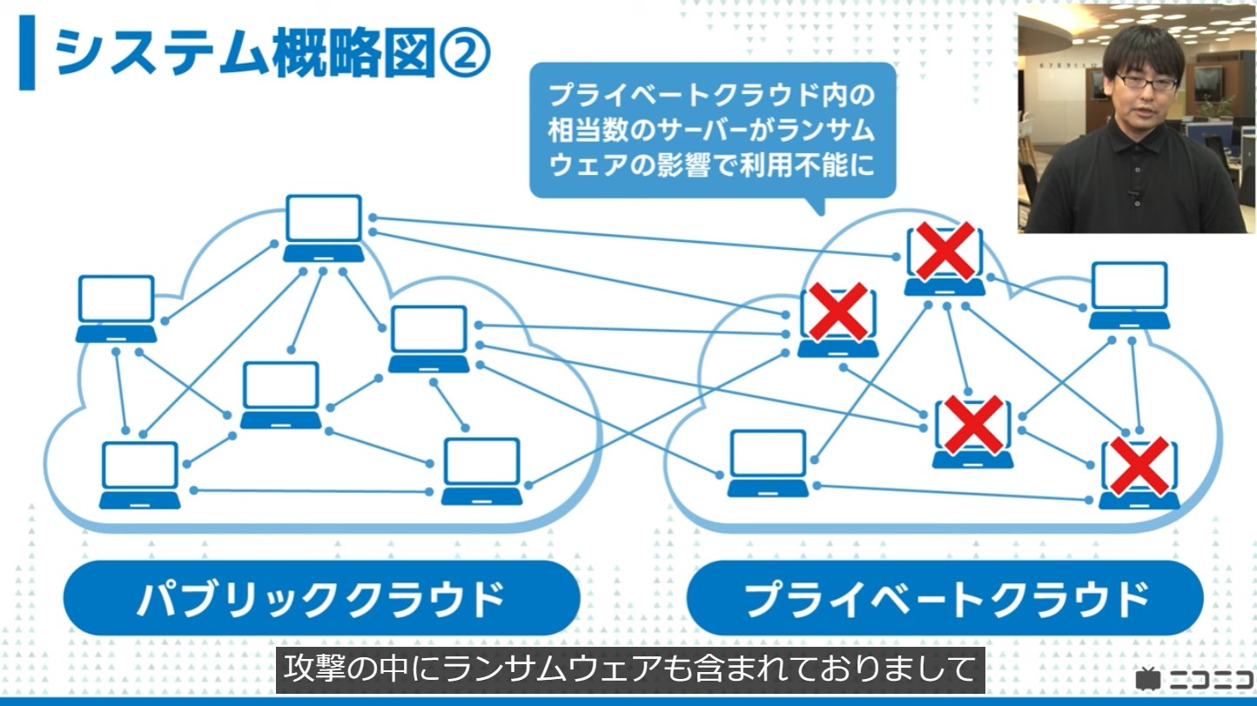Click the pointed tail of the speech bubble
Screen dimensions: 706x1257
pyautogui.click(x=814, y=206)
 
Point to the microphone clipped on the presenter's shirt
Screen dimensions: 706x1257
pyautogui.click(x=1133, y=193)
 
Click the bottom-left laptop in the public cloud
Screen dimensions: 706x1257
pyautogui.click(x=139, y=475)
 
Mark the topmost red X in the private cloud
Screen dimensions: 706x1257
pyautogui.click(x=944, y=251)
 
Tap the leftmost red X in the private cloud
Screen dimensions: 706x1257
pyautogui.click(x=837, y=312)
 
